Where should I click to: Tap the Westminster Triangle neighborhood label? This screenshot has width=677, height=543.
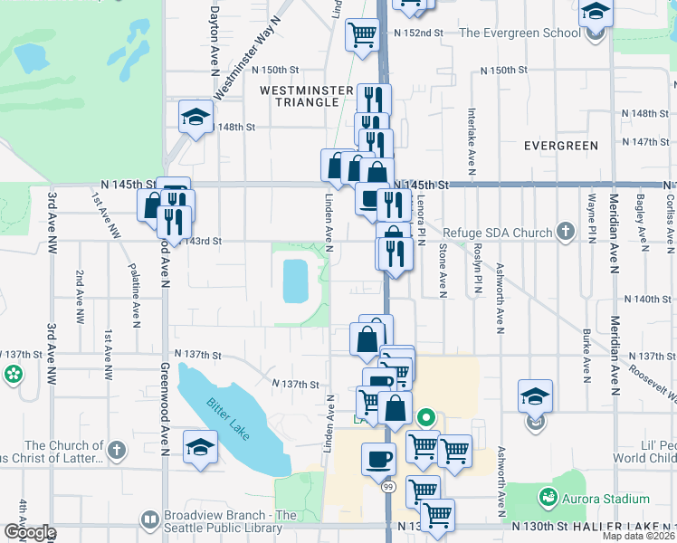click(x=298, y=96)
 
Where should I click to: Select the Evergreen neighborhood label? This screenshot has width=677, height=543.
click(x=561, y=146)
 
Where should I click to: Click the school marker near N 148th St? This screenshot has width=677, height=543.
click(x=195, y=117)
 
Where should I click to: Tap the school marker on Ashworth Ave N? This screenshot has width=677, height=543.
click(x=535, y=395)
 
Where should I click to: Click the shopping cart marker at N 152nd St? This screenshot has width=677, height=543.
click(x=363, y=34)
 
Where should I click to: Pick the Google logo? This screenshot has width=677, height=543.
click(x=29, y=532)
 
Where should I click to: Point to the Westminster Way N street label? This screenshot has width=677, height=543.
click(x=244, y=69)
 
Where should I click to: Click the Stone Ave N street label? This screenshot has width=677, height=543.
click(x=443, y=270)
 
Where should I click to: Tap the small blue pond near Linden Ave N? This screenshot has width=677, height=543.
click(x=295, y=281)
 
